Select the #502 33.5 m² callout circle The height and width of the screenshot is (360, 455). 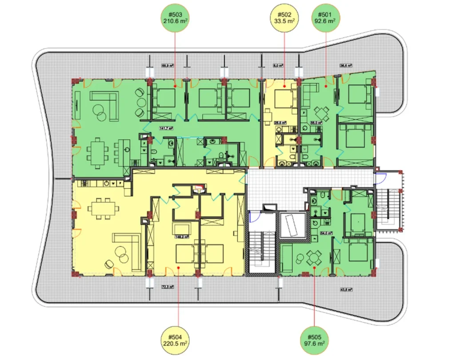click(284, 18)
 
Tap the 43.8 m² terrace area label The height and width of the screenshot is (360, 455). click(346, 290)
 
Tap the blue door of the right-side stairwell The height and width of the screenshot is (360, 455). click(380, 179)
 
